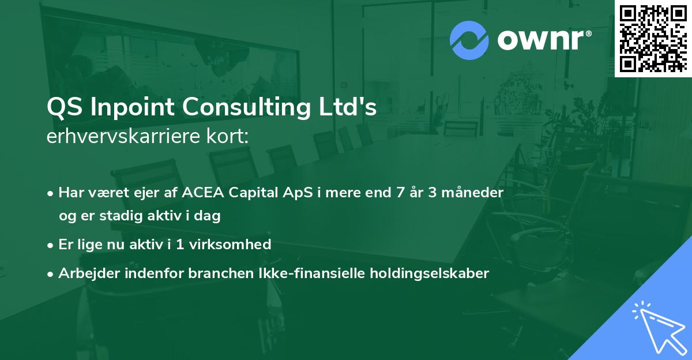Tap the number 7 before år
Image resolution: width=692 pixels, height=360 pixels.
coord(400,193)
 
